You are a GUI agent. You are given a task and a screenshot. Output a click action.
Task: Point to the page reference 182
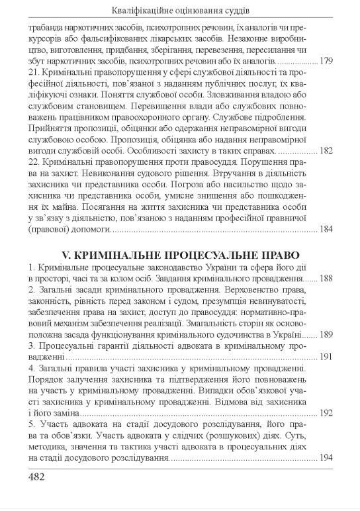[326, 151]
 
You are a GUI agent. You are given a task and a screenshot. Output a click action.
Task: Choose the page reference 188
[326, 279]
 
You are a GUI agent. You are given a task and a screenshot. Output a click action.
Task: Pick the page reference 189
[326, 335]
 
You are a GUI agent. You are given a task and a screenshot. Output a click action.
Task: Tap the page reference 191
[326, 357]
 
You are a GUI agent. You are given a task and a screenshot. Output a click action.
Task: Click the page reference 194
[326, 458]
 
